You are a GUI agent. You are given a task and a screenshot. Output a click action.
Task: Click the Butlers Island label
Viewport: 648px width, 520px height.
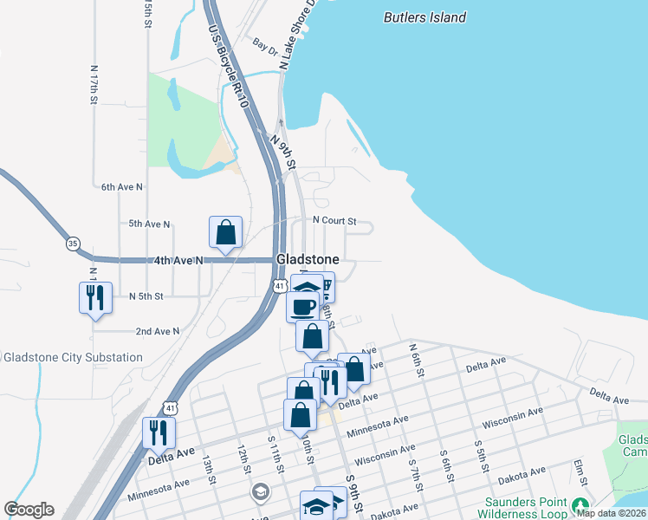tap(424, 17)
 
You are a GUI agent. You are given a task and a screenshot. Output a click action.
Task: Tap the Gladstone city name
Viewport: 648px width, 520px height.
tap(307, 259)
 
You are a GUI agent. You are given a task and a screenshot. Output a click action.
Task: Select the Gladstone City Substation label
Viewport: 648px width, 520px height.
tap(73, 357)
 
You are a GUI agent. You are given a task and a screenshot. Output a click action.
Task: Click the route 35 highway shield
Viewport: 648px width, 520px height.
tap(73, 244)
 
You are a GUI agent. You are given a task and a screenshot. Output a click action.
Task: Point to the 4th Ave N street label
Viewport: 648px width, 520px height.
tap(178, 260)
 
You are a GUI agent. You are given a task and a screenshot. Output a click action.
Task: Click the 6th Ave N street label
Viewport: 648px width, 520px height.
tap(122, 186)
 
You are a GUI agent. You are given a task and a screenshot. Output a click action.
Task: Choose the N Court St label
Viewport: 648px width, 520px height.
tap(334, 221)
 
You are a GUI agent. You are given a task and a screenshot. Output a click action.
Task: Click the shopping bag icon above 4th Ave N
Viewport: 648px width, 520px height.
tap(225, 232)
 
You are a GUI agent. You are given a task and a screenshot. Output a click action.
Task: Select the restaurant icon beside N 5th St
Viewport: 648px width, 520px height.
tap(94, 298)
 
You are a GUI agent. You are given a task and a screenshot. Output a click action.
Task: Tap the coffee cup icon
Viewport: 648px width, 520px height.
tap(302, 307)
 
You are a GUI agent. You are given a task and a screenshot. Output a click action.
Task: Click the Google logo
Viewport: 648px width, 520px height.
tap(29, 510)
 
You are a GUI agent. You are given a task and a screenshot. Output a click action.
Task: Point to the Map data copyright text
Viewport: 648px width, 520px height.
tap(612, 513)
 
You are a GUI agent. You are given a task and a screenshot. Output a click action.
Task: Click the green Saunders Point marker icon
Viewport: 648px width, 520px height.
tap(580, 503)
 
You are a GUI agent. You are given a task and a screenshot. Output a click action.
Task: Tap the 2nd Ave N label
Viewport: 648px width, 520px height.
tap(158, 331)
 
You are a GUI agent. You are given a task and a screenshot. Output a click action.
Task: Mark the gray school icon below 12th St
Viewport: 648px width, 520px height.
tap(259, 492)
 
